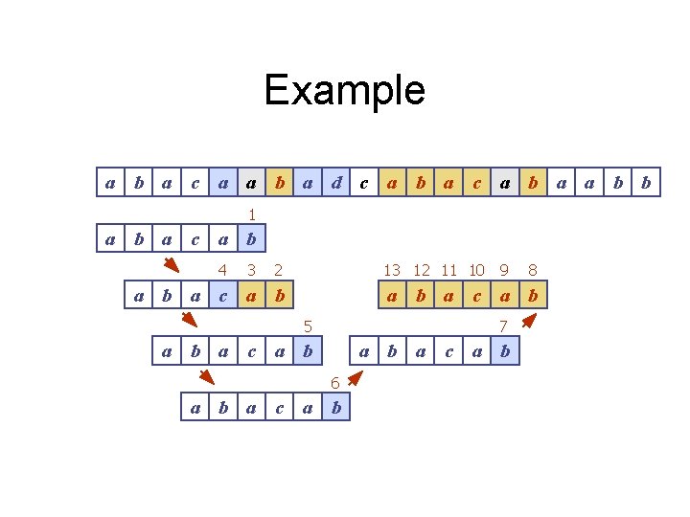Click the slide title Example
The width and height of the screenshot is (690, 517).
[x=344, y=91]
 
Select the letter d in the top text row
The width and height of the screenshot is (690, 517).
[x=336, y=182]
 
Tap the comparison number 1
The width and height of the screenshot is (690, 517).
[x=251, y=215]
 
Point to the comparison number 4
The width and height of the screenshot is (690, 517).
[x=222, y=271]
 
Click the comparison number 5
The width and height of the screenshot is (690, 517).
[x=308, y=326]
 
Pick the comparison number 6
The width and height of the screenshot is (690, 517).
[x=335, y=383]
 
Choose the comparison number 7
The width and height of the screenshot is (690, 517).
[x=504, y=326]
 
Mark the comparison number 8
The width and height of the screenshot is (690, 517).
[x=533, y=271]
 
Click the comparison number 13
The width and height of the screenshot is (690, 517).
[x=392, y=271]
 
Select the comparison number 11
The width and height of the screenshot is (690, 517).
[x=448, y=271]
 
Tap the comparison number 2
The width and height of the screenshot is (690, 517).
[x=279, y=271]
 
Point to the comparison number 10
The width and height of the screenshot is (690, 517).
[x=476, y=271]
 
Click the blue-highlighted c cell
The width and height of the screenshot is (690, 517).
[x=223, y=296]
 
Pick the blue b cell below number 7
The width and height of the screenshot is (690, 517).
[x=505, y=352]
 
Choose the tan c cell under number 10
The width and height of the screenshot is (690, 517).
[x=476, y=296]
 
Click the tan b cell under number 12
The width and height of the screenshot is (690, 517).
[x=420, y=296]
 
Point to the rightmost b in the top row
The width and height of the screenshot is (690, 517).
[x=646, y=182]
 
